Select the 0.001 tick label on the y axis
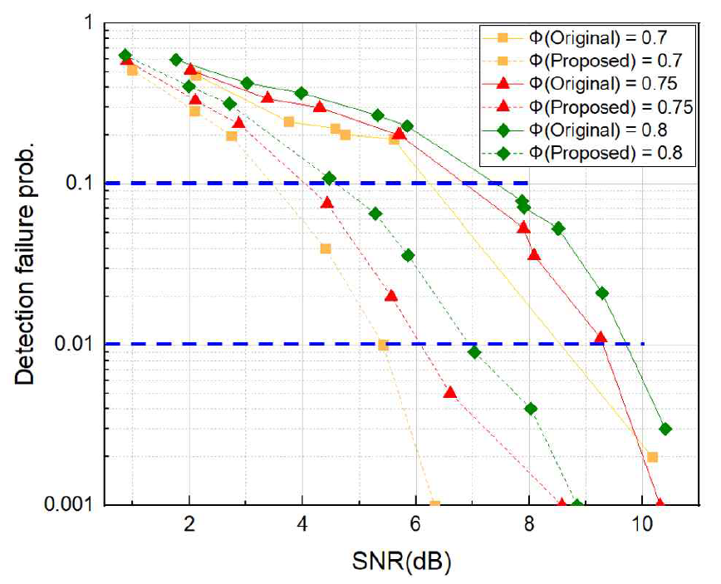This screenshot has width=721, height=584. [x=74, y=504]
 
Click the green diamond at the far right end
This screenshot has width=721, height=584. [x=665, y=429]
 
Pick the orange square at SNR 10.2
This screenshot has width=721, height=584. [x=652, y=457]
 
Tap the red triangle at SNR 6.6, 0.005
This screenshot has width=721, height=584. [x=449, y=392]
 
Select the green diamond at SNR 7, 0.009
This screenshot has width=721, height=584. [x=474, y=352]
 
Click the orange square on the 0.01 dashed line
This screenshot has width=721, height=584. [x=383, y=345]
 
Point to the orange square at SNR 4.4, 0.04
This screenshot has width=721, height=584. [x=326, y=248]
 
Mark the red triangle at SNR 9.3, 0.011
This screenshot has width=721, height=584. [x=601, y=337]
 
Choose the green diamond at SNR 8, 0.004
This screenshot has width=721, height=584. [x=531, y=409]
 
